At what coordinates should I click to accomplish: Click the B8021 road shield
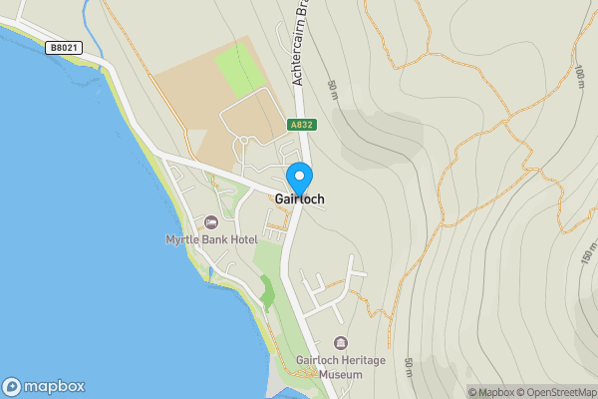click(x=62, y=47)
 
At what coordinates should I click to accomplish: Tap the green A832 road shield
click(x=302, y=125)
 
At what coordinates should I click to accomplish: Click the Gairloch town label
click(x=299, y=199)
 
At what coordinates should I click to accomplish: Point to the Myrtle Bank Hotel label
click(x=211, y=239)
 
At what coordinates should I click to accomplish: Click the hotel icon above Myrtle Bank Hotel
click(x=211, y=221)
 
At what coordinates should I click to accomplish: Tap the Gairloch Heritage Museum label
click(x=342, y=366)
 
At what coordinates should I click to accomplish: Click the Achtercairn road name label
click(x=298, y=45)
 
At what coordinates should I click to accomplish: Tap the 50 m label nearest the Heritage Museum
click(x=408, y=366)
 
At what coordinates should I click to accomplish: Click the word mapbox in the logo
click(x=54, y=386)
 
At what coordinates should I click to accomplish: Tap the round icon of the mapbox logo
click(x=12, y=386)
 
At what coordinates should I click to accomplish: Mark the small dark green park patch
click(x=266, y=291)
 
